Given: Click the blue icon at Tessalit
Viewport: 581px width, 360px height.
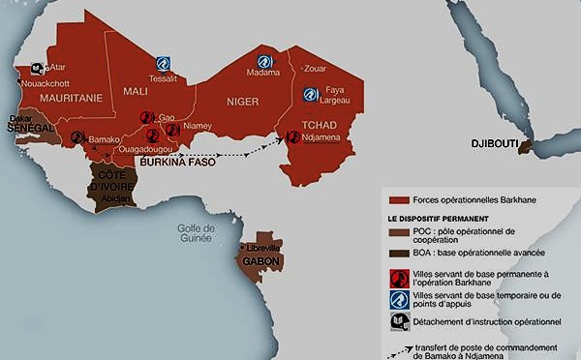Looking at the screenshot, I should coord(164,62).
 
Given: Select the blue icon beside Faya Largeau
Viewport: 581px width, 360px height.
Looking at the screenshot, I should coord(310,95).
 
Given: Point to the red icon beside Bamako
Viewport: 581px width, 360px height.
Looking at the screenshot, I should coord(77,137).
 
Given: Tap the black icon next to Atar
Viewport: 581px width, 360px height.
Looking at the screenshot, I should coord(37,68).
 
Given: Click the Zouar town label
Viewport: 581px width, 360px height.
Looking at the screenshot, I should coord(317,69).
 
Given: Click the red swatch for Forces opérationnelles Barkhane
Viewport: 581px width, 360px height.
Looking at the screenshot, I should coord(392,200).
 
